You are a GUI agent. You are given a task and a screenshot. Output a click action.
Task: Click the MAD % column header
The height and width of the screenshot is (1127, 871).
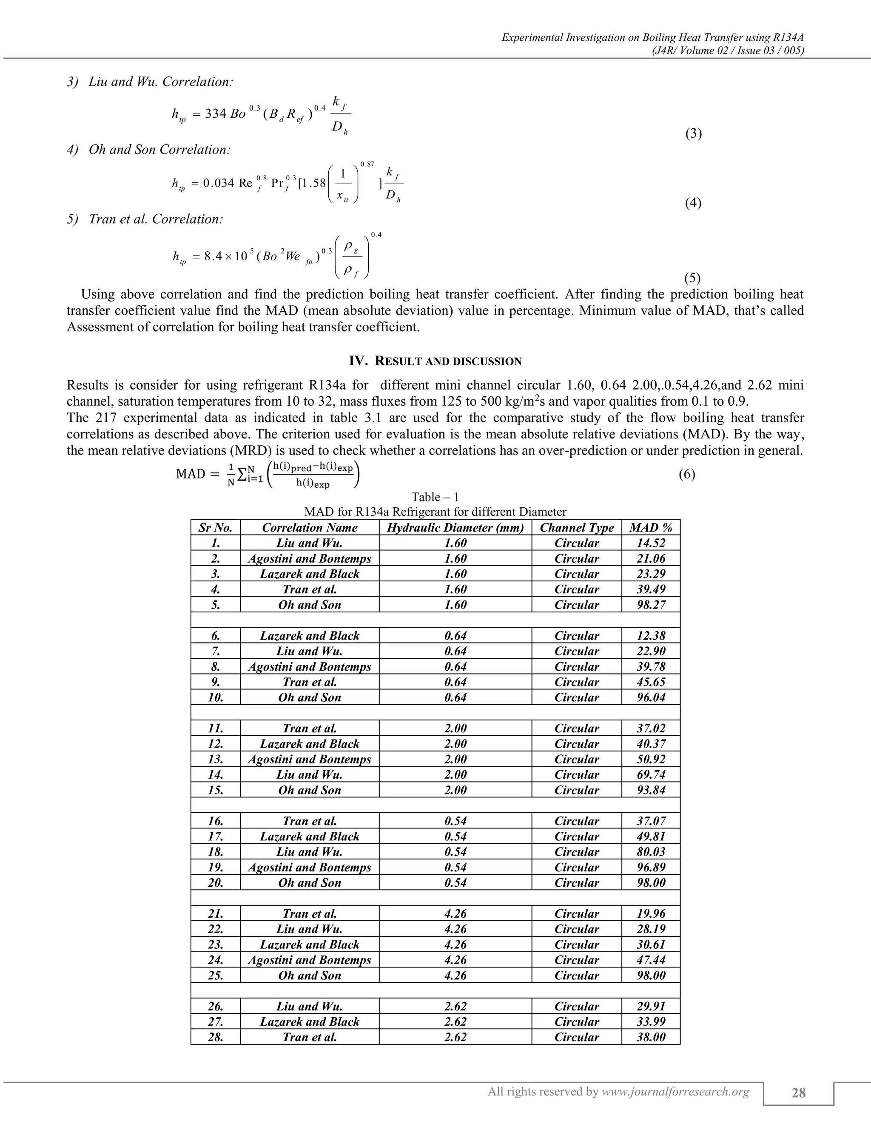(651, 527)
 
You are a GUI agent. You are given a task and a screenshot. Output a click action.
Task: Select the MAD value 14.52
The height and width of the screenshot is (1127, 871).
(651, 543)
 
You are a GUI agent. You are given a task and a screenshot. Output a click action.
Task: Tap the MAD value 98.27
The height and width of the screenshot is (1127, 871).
(651, 605)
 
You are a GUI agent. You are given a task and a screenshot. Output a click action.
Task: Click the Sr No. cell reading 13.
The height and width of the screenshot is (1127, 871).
(215, 759)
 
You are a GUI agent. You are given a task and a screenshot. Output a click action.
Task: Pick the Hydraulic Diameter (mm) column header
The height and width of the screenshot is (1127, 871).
(455, 527)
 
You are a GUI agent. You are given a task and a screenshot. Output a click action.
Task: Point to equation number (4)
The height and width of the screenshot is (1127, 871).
(693, 203)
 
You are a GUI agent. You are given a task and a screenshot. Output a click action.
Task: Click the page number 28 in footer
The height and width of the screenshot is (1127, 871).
(798, 1093)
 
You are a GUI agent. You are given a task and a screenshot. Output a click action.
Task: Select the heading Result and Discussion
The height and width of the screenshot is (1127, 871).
(435, 361)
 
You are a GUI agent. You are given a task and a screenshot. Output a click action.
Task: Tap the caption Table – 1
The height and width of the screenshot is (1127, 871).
(435, 497)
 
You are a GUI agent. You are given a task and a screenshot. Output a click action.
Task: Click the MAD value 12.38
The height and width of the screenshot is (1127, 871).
(651, 636)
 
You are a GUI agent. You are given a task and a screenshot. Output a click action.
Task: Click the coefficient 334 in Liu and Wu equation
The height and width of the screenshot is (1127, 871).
(215, 114)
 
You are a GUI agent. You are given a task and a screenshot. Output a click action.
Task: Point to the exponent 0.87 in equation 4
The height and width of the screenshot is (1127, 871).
(367, 164)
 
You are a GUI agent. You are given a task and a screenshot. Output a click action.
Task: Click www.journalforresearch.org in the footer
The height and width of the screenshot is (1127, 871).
(675, 1091)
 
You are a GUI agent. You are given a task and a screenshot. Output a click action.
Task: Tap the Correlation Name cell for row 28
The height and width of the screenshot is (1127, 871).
(310, 1037)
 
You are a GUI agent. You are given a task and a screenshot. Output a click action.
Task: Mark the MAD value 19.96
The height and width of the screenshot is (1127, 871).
(651, 914)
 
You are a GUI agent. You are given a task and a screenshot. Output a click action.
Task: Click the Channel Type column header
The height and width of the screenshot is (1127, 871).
(576, 527)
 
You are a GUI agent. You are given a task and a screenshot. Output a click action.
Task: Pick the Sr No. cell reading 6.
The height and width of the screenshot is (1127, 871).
(215, 636)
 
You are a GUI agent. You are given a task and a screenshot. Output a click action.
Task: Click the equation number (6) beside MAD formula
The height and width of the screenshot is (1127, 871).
(686, 474)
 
